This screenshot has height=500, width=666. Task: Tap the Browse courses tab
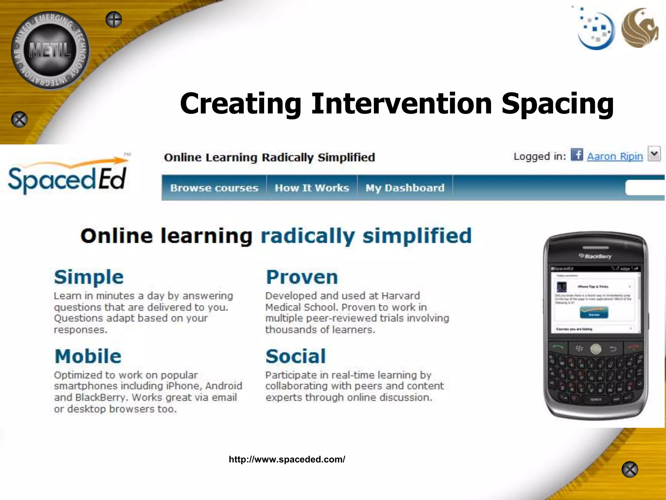(x=214, y=188)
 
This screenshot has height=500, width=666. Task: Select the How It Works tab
(x=312, y=188)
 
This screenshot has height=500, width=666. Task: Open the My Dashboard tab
(x=405, y=188)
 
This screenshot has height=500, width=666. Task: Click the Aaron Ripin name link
(x=615, y=157)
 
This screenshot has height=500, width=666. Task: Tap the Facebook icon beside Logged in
(x=577, y=155)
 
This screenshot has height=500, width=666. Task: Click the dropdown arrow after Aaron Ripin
(x=654, y=154)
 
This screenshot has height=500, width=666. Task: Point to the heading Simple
(x=89, y=277)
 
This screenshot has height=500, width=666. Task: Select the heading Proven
(x=302, y=277)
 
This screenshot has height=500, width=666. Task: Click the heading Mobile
(x=88, y=356)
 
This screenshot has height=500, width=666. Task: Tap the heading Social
(x=296, y=356)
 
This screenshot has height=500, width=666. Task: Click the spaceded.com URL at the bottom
(x=287, y=459)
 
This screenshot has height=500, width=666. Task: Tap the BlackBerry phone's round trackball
(x=595, y=349)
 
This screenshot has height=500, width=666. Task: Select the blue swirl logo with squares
(x=596, y=30)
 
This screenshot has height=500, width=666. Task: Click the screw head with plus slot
(x=114, y=20)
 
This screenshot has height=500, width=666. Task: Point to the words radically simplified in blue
(x=366, y=236)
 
